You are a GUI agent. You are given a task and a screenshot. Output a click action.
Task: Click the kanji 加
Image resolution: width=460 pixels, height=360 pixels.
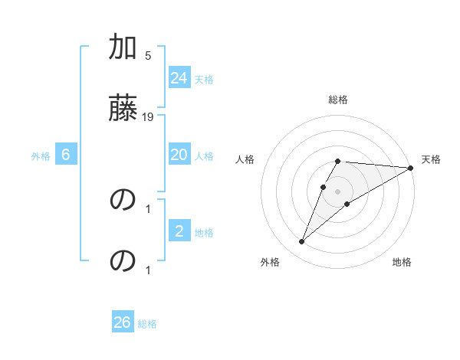[123, 49]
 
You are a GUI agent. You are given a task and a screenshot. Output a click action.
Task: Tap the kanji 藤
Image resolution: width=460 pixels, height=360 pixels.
[123, 107]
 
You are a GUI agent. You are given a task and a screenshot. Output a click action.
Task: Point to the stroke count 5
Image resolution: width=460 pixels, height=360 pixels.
[148, 55]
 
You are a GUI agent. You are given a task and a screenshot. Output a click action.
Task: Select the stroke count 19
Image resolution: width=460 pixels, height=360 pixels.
[148, 116]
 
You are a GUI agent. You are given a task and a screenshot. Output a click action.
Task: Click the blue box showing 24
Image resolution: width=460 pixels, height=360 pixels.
[179, 78]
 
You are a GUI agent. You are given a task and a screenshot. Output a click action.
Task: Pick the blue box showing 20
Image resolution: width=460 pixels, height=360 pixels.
[179, 155]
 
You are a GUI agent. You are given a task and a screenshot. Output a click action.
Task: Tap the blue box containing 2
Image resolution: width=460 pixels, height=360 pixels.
[179, 231]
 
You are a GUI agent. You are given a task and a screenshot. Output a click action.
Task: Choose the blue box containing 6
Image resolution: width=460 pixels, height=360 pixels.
[66, 155]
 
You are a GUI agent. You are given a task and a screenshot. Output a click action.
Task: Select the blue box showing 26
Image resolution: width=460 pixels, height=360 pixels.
[123, 322]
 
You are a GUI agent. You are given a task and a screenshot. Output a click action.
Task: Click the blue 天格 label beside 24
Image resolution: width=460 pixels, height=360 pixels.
[204, 80]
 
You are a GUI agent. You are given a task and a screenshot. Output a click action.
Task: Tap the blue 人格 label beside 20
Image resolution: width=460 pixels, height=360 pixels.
[204, 156]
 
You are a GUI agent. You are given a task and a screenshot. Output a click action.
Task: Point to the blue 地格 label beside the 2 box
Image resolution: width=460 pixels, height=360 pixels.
[204, 233]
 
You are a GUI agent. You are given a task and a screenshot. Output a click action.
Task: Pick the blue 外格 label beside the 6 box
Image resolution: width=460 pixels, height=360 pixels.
[41, 156]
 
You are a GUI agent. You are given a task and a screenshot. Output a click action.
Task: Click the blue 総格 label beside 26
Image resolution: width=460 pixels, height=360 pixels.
[147, 324]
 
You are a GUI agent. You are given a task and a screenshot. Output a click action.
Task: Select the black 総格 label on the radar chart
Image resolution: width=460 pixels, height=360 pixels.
[338, 100]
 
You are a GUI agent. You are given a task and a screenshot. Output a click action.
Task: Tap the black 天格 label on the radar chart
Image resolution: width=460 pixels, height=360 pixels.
[431, 159]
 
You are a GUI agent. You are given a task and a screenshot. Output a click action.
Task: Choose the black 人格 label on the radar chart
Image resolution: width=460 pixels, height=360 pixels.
[245, 159]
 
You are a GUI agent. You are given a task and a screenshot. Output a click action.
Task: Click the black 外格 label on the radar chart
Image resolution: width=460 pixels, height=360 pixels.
[270, 262]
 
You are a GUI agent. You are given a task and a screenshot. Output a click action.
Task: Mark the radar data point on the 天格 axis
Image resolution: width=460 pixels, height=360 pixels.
[411, 168]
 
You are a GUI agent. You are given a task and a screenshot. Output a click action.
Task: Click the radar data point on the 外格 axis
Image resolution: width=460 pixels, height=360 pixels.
[301, 242]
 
